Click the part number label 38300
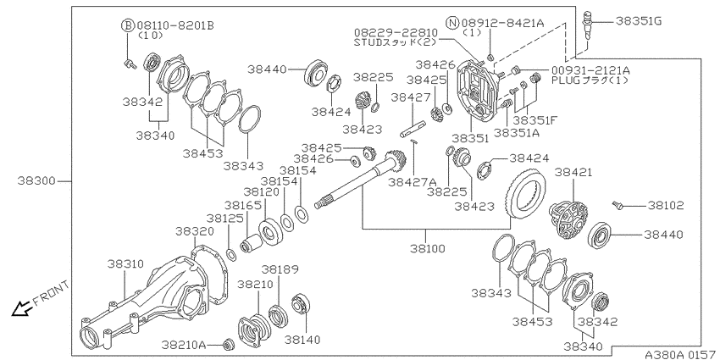pyautogui.click(x=36, y=181)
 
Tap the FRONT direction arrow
pyautogui.click(x=21, y=309)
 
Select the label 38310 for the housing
pyautogui.click(x=126, y=264)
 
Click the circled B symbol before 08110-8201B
pyautogui.click(x=128, y=25)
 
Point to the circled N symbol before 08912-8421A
pyautogui.click(x=454, y=22)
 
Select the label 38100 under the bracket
pyautogui.click(x=429, y=248)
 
